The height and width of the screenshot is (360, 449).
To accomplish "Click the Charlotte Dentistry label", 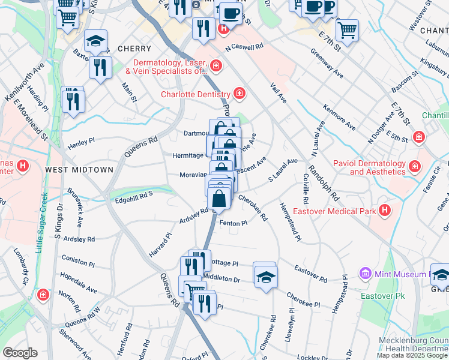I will click(195, 94).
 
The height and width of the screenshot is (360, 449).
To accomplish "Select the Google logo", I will click(20, 353).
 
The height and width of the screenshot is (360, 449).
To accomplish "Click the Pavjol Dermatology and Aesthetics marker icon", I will click(414, 165).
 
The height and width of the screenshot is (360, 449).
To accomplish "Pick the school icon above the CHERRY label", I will click(95, 41).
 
